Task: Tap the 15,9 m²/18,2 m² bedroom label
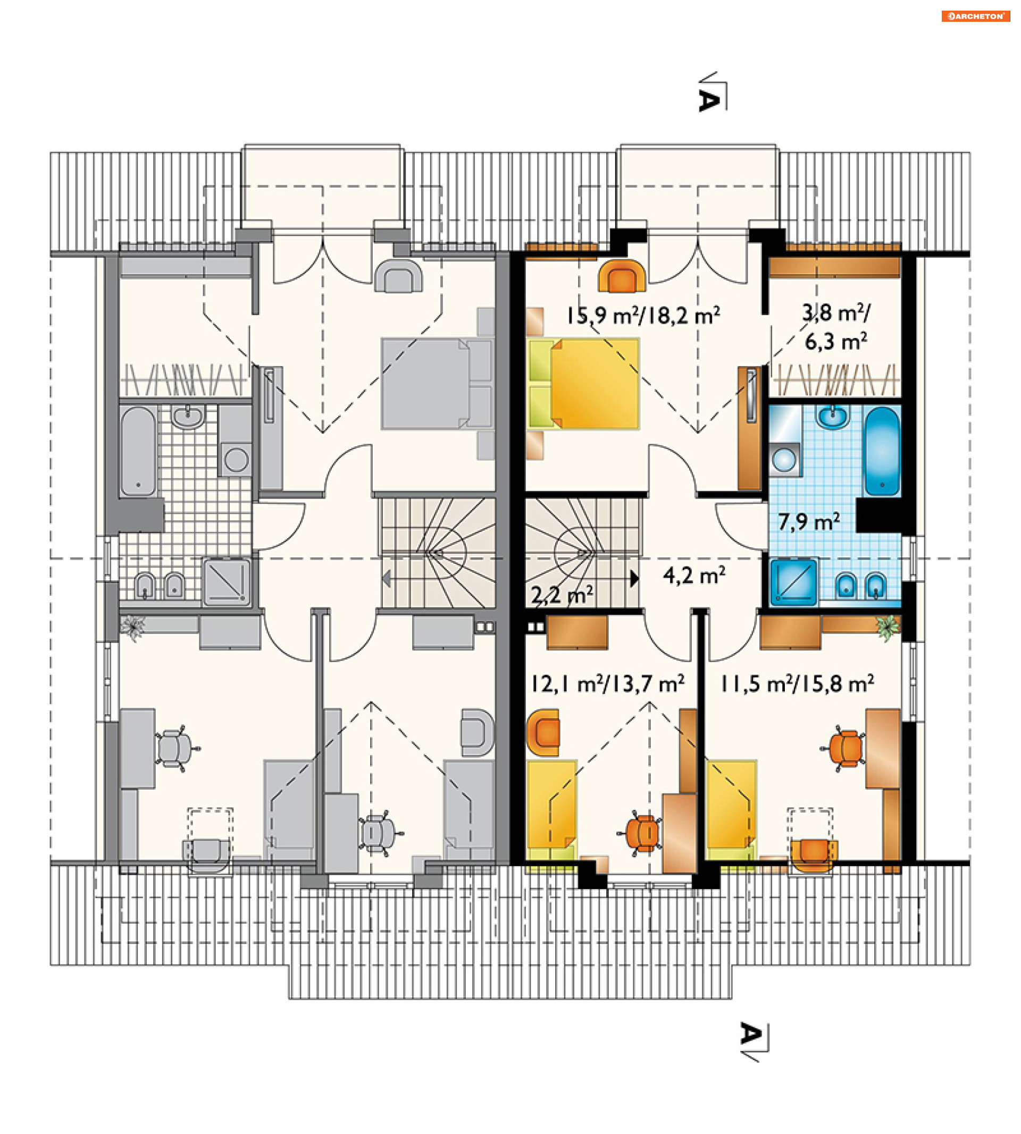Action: tap(643, 316)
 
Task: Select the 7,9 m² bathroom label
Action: tap(808, 522)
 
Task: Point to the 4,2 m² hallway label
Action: tap(694, 575)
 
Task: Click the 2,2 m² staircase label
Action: tap(562, 595)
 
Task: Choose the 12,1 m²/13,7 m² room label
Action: tap(608, 684)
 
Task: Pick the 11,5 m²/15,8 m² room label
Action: tap(797, 684)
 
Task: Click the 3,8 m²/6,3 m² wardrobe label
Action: tap(836, 327)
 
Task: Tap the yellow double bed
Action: tap(583, 384)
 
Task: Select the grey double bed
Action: tap(438, 384)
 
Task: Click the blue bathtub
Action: tap(882, 451)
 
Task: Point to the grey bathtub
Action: tap(138, 451)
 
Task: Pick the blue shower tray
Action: tap(794, 581)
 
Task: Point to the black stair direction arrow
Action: tap(634, 579)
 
